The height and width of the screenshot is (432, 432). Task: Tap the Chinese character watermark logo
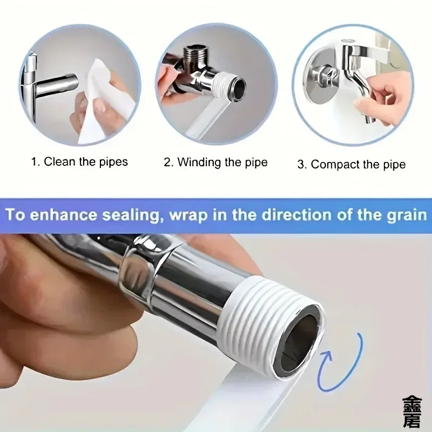[x=413, y=411]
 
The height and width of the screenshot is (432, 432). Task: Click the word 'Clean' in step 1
[x=59, y=161]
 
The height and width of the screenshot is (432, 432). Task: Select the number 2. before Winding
[x=168, y=162]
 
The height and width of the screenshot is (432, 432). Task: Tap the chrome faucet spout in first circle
[x=54, y=85]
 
